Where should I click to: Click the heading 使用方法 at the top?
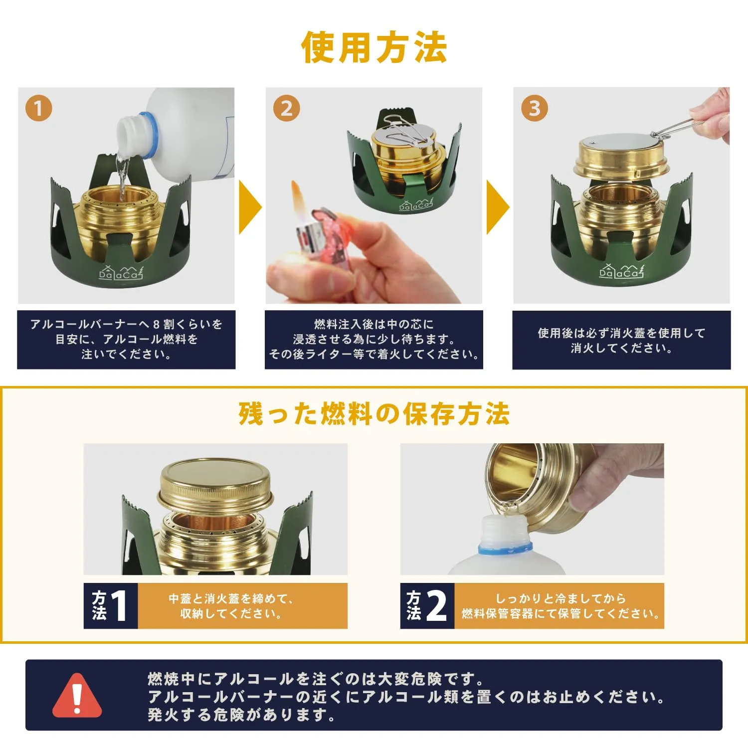[x=374, y=47]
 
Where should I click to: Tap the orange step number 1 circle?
[x=38, y=108]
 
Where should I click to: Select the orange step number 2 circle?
[x=286, y=108]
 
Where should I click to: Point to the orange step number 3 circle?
[x=534, y=108]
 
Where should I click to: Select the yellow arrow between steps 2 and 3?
[x=498, y=207]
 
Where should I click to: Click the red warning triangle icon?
[x=77, y=696]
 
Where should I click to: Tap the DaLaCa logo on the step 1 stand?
[x=121, y=272]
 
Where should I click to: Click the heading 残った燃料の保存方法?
[x=374, y=414]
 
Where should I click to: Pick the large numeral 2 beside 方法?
[x=436, y=606]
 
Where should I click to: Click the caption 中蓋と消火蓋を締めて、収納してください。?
[x=231, y=606]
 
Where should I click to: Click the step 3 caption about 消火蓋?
[x=621, y=340]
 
